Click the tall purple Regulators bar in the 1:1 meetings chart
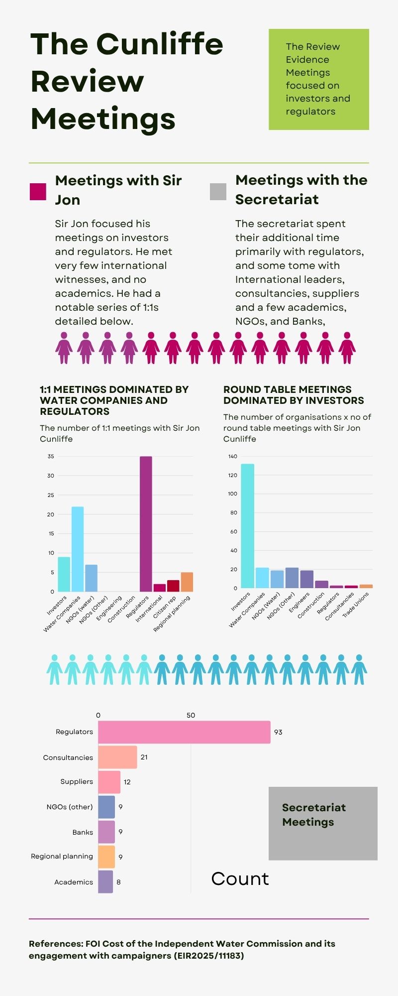[146, 523]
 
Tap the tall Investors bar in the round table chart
[247, 526]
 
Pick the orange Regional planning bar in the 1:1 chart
[187, 582]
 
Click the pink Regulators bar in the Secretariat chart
[184, 732]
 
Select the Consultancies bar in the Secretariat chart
[117, 757]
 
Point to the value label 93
[278, 732]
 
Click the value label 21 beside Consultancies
[144, 757]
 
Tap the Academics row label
[74, 882]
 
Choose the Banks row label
[83, 832]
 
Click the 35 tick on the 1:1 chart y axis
[51, 456]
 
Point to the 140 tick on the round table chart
[233, 456]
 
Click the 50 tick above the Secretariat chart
[191, 715]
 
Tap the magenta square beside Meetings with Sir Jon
[38, 192]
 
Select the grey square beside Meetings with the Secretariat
[218, 192]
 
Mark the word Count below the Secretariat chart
[240, 879]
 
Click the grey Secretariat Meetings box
[323, 823]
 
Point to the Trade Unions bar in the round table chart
[366, 586]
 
